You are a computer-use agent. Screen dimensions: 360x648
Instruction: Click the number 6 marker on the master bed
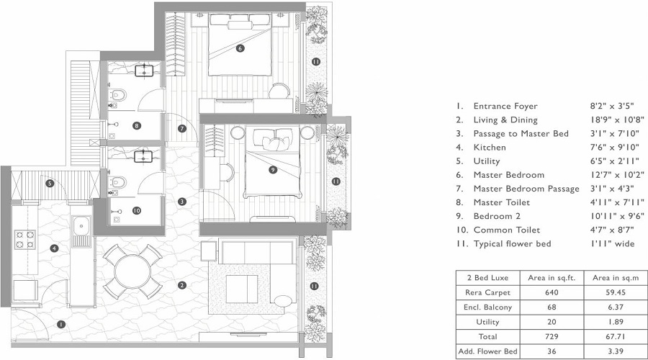click(240, 49)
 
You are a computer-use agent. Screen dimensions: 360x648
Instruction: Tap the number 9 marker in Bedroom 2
click(271, 170)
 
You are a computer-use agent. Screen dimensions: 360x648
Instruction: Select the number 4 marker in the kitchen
click(55, 248)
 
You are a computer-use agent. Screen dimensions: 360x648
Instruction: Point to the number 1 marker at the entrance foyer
click(61, 324)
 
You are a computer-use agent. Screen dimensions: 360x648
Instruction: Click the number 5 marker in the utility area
click(50, 184)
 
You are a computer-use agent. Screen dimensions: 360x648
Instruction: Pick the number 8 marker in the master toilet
click(136, 126)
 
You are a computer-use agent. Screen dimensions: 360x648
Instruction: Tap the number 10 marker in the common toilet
click(136, 211)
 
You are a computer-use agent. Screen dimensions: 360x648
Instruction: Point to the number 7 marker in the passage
click(183, 129)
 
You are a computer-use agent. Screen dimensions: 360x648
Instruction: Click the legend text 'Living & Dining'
click(505, 120)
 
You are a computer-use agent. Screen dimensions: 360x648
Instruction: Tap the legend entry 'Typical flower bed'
click(512, 243)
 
